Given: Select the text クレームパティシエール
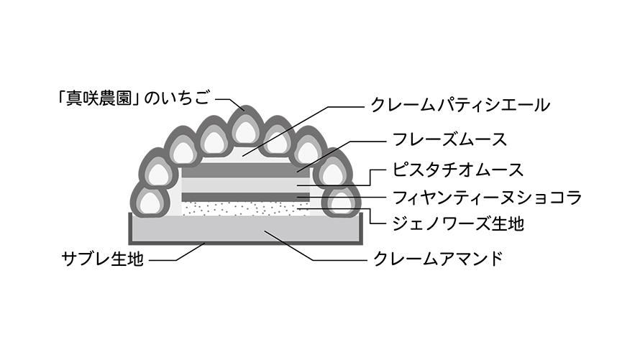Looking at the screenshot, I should tap(460, 106).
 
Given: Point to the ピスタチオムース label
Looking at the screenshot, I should tap(458, 170).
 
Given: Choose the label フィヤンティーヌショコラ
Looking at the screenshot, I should tap(487, 197).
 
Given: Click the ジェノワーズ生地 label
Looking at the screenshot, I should tap(458, 223).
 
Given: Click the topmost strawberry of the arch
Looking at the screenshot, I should tap(245, 129).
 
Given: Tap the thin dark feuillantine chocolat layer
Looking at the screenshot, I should tap(244, 196).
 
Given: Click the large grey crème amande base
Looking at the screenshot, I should tap(216, 228).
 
